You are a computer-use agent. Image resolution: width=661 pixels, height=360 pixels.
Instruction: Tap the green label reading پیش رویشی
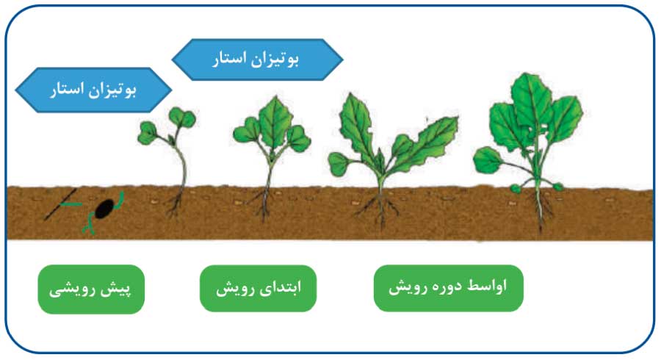[x=91, y=289]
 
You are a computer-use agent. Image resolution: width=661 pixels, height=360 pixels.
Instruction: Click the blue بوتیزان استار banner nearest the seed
[x=93, y=90]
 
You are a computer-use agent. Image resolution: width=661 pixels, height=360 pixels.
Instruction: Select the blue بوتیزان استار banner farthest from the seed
[x=257, y=59]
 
